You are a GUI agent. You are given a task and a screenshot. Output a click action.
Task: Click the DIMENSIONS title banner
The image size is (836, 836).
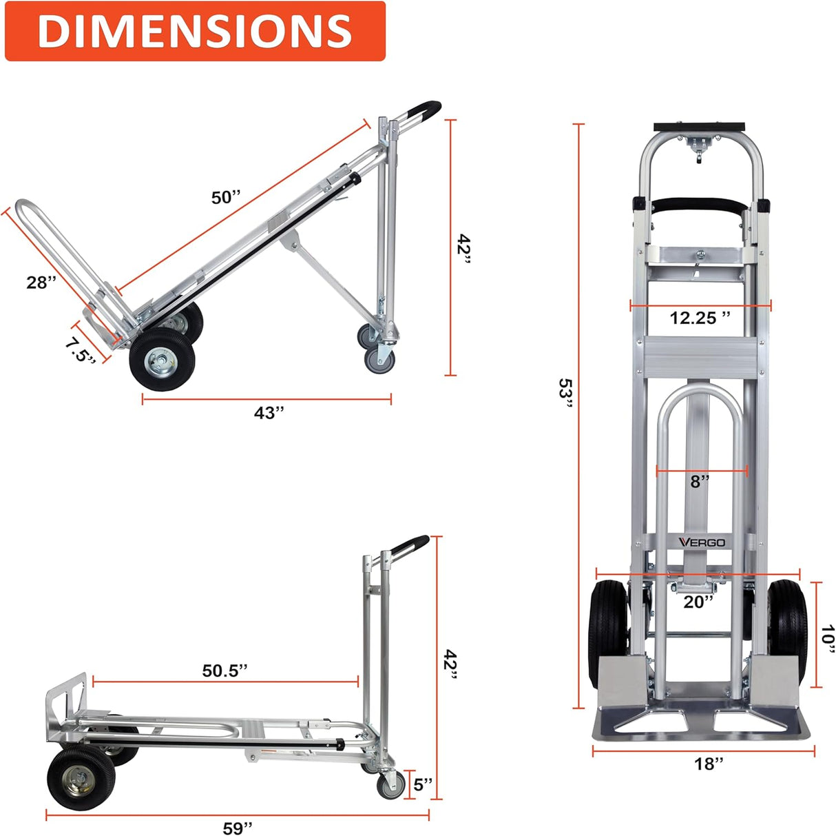[194, 31]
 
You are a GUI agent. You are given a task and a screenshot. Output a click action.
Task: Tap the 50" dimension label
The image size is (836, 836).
[226, 198]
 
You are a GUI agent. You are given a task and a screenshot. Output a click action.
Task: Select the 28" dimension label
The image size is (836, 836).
[41, 282]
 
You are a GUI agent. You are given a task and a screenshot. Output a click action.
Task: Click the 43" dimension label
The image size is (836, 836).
[269, 412]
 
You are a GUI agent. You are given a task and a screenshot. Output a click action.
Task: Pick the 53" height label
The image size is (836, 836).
[565, 394]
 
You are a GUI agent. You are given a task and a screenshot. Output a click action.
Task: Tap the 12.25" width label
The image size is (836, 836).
[700, 318]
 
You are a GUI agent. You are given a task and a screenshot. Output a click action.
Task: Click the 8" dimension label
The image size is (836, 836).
[700, 481]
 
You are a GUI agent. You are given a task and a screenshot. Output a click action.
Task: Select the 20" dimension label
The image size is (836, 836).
[698, 602]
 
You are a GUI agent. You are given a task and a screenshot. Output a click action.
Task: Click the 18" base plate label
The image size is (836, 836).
[709, 763]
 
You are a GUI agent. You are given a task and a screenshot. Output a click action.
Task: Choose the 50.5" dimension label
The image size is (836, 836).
[224, 671]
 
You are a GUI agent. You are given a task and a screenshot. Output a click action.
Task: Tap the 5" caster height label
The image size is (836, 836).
[423, 784]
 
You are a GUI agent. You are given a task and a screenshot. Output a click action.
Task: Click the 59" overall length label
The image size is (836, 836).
[238, 828]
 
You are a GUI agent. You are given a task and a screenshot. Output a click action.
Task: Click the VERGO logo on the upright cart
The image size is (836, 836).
[702, 542]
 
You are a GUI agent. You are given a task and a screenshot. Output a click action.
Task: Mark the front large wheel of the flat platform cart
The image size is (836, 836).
[77, 779]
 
